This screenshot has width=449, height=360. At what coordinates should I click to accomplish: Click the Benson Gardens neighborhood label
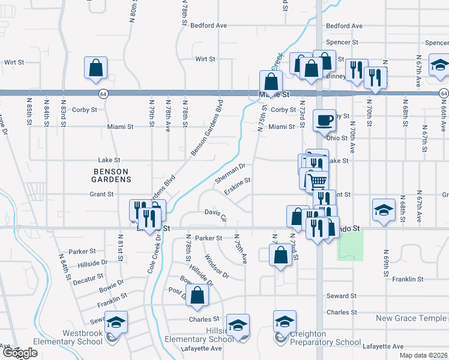coord(112,175)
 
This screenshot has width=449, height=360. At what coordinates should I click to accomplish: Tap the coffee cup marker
coord(325,120)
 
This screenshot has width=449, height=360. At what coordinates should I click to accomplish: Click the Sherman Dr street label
coord(231,174)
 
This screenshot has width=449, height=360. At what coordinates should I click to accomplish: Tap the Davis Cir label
coord(214,213)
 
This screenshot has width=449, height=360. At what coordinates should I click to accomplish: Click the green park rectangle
coord(351,246)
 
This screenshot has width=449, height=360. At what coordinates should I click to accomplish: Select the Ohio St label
coord(337,138)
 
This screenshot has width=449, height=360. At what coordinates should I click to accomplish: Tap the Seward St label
coord(342,296)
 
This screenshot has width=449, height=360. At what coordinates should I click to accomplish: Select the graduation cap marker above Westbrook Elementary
coord(116,323)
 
